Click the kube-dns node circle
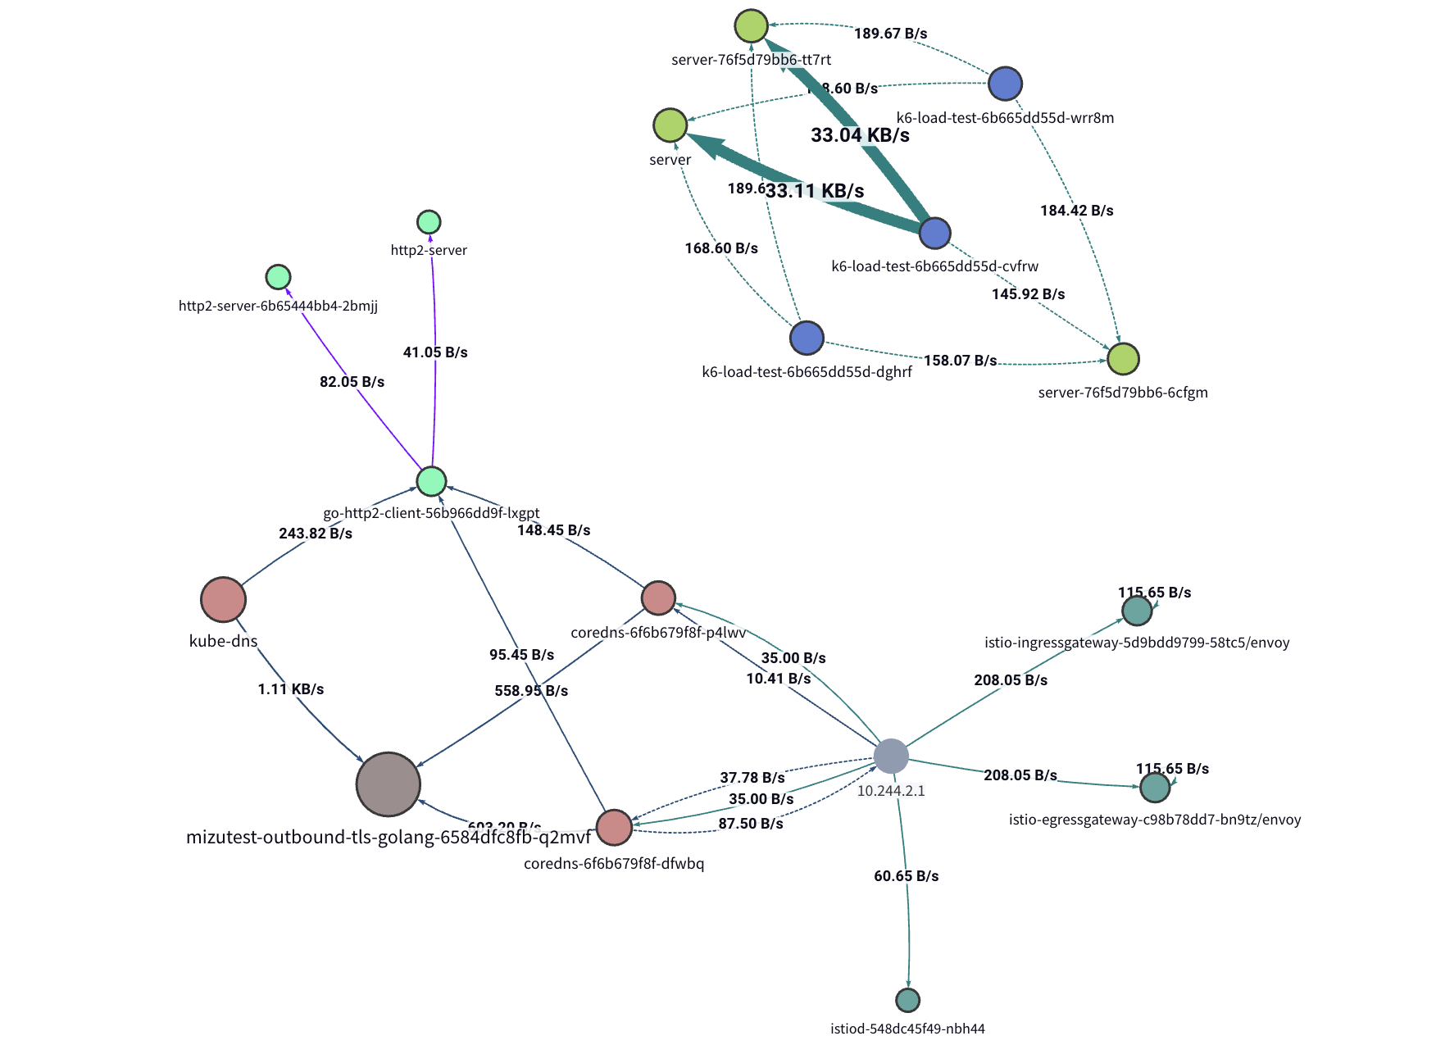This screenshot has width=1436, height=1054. pyautogui.click(x=223, y=599)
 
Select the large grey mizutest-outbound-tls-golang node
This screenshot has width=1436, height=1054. pyautogui.click(x=389, y=784)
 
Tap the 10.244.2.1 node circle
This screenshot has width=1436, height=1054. pyautogui.click(x=891, y=756)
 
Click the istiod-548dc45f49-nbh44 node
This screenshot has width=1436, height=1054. pyautogui.click(x=907, y=1000)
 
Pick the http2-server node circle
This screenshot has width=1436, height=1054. pyautogui.click(x=429, y=222)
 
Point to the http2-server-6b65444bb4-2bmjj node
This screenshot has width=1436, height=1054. pyautogui.click(x=279, y=277)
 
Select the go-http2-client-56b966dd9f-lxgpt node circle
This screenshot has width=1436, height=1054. pyautogui.click(x=431, y=481)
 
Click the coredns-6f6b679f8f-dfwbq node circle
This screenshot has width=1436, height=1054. pyautogui.click(x=614, y=827)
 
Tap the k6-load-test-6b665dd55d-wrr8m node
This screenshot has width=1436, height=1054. pyautogui.click(x=1005, y=84)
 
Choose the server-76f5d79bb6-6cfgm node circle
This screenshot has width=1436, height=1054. pyautogui.click(x=1123, y=358)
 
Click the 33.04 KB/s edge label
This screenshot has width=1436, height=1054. pyautogui.click(x=860, y=135)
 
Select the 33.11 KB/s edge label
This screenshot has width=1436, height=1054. pyautogui.click(x=815, y=191)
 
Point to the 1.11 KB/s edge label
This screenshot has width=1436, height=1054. pyautogui.click(x=290, y=689)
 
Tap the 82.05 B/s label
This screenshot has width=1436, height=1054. pyautogui.click(x=352, y=382)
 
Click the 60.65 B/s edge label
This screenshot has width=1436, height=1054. pyautogui.click(x=906, y=876)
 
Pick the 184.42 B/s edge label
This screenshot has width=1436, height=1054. pyautogui.click(x=1076, y=211)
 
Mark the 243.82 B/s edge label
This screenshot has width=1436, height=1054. pyautogui.click(x=316, y=534)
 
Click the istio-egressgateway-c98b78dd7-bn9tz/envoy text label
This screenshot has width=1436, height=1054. pyautogui.click(x=1154, y=820)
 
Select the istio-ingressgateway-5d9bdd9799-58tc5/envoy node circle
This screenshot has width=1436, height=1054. pyautogui.click(x=1137, y=611)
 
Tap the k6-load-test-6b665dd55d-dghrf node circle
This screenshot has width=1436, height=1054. pyautogui.click(x=807, y=338)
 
